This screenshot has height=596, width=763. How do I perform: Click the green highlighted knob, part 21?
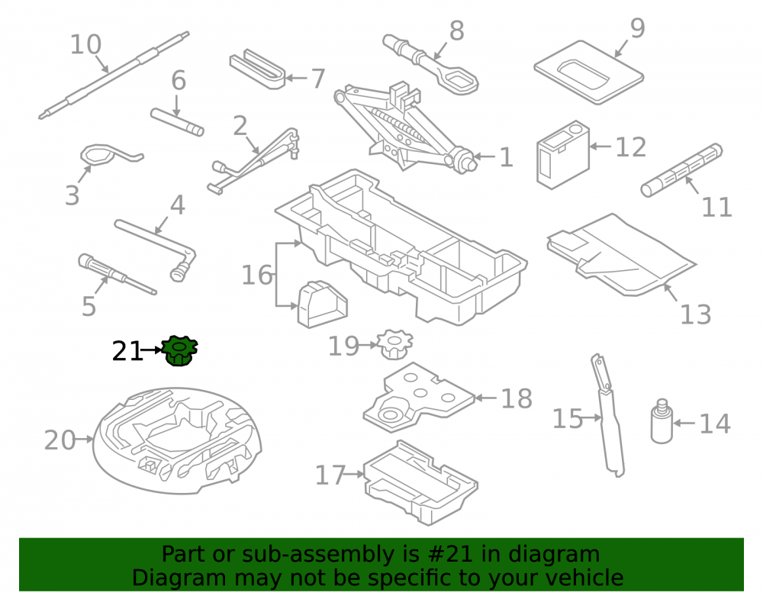click(179, 350)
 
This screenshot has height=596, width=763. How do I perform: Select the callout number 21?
click(127, 351)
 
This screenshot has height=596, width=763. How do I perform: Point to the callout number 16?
click(257, 275)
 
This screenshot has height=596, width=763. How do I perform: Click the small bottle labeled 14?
click(662, 421)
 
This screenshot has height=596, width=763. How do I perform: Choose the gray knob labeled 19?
click(395, 344)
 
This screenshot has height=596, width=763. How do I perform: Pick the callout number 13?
click(695, 314)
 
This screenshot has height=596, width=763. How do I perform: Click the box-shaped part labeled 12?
click(563, 155)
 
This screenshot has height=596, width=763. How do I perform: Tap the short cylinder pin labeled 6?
click(177, 122)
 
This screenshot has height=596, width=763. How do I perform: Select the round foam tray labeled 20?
click(177, 440)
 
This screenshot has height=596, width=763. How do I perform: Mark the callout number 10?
click(85, 45)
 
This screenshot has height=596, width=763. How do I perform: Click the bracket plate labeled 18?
click(418, 398)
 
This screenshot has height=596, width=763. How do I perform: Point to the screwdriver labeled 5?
click(117, 274)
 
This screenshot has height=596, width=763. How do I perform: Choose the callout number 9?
click(637, 28)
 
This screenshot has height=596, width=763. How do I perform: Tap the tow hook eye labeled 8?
click(430, 64)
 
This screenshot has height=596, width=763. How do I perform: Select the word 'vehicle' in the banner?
click(584, 578)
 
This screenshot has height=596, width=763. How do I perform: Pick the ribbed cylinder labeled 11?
click(681, 170)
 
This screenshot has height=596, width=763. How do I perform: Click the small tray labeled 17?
click(420, 482)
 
